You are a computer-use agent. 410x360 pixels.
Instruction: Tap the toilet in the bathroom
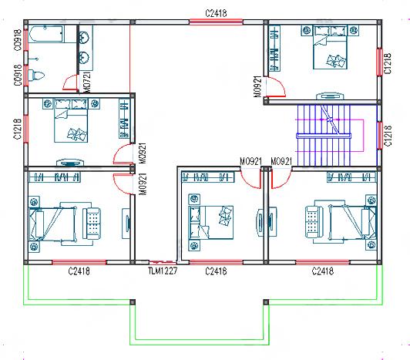tap(38, 74)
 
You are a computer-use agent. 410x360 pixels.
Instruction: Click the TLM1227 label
tap(163, 271)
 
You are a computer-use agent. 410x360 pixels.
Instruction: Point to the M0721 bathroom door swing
tap(69, 82)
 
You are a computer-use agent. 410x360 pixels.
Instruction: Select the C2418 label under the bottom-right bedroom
tap(322, 271)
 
